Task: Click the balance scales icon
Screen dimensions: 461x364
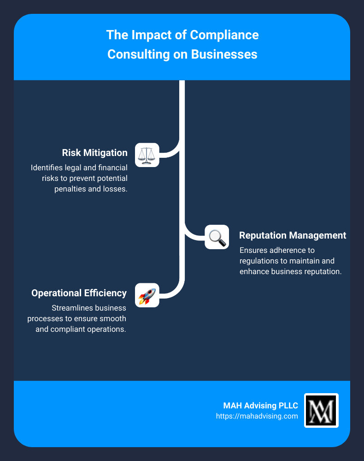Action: [147, 155]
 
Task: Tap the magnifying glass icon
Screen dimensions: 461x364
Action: [217, 237]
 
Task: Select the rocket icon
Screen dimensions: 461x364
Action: [147, 295]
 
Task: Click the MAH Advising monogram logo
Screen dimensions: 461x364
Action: [321, 411]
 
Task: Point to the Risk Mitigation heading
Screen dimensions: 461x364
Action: [95, 153]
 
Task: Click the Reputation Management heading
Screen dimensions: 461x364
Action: [293, 235]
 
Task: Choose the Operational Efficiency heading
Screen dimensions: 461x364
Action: [79, 293]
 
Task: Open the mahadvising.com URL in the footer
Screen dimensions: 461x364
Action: [257, 416]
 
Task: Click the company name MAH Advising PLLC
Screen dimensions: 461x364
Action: [261, 406]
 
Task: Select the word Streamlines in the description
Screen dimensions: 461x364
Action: [72, 308]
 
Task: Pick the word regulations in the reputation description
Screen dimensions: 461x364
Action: [260, 261]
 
